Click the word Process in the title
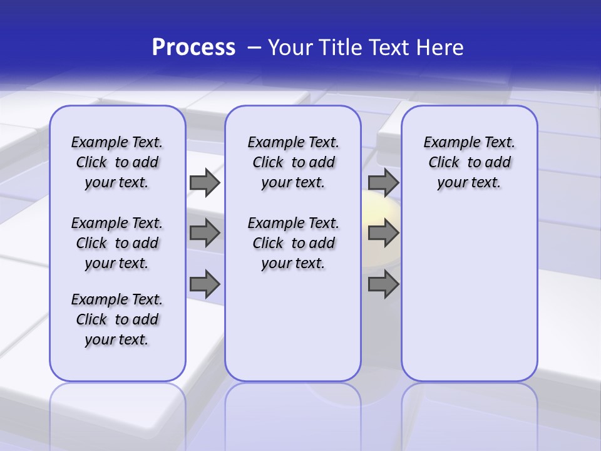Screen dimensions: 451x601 [193, 47]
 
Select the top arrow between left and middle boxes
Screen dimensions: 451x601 [205, 182]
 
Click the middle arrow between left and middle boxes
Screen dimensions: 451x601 [205, 233]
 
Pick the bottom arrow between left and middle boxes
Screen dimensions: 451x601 [205, 284]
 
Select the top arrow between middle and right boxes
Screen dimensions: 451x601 [383, 182]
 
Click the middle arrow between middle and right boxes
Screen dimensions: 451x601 [383, 233]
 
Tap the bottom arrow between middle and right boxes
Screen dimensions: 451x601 [383, 284]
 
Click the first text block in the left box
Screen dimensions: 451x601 [117, 162]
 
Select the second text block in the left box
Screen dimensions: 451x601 [117, 243]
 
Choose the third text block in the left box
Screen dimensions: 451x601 [117, 319]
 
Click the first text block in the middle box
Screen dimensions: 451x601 [294, 162]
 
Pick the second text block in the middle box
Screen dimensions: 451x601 [294, 243]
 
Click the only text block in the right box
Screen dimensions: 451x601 [470, 162]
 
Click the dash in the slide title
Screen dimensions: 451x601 [254, 47]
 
